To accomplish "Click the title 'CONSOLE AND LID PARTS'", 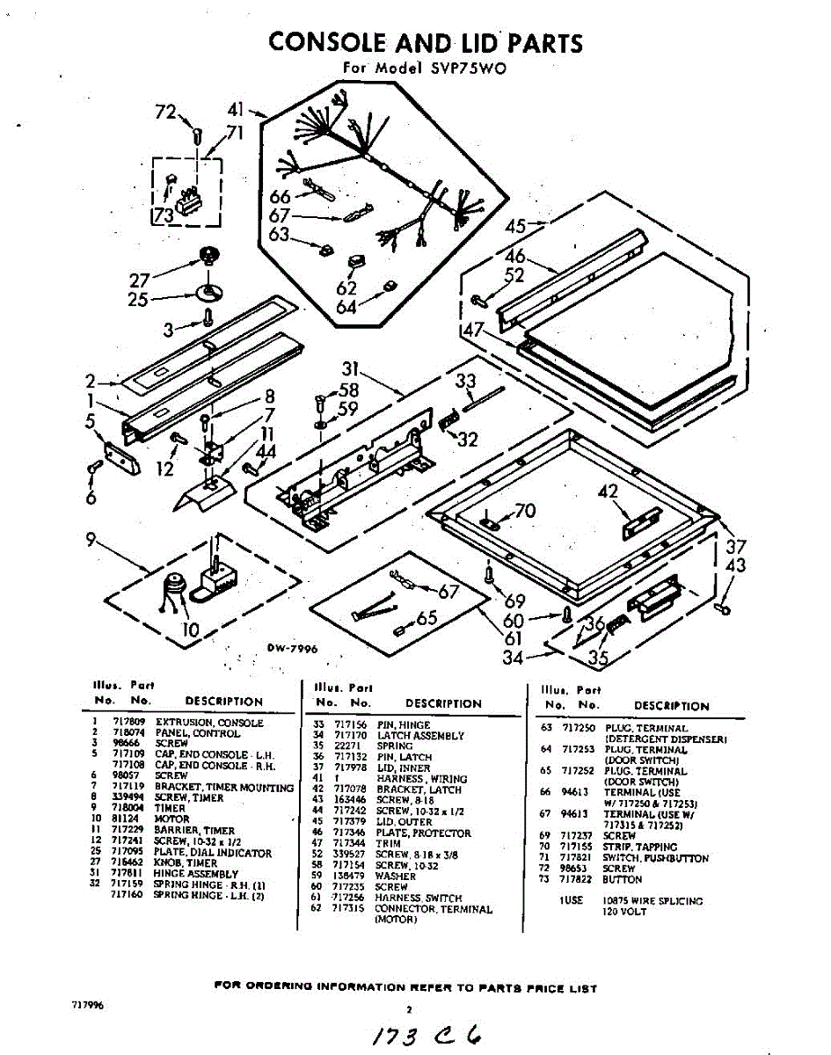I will (x=425, y=42).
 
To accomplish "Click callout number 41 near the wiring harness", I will (x=236, y=110).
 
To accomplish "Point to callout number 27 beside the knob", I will (x=140, y=280).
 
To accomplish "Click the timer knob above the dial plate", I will (x=209, y=256).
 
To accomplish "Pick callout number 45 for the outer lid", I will (x=515, y=226).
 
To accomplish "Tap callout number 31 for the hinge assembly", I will (x=352, y=368).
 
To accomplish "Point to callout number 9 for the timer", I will (x=91, y=541).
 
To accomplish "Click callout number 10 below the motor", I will (x=191, y=629).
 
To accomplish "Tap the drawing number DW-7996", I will (x=292, y=649).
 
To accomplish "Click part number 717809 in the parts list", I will (x=127, y=723).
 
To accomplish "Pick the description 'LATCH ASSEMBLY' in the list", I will (x=420, y=735).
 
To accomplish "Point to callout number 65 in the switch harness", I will (x=427, y=618).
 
